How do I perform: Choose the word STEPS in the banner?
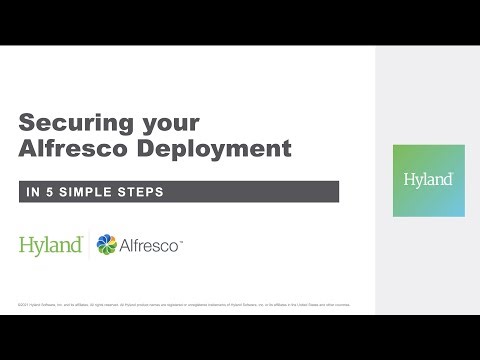(x=141, y=191)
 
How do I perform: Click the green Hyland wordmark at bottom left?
(x=50, y=244)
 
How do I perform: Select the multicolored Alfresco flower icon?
(x=106, y=244)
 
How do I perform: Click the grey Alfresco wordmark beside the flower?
(x=150, y=244)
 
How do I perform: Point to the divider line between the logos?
(x=89, y=244)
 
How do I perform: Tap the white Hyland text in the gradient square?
(x=428, y=180)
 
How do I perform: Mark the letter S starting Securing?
(x=28, y=124)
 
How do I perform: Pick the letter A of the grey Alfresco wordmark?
(x=126, y=244)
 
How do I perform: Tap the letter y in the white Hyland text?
(x=415, y=182)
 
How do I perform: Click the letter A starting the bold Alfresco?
(x=28, y=149)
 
